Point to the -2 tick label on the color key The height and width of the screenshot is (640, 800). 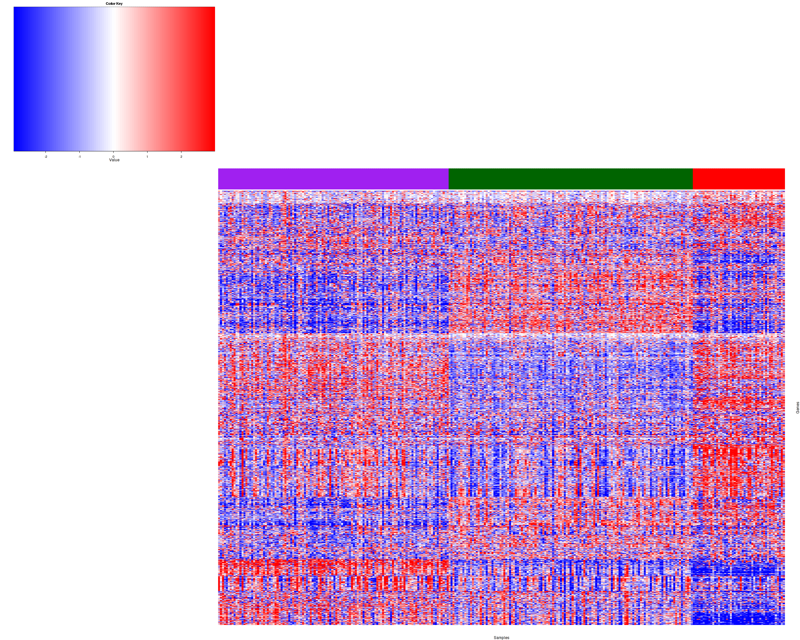[46, 156]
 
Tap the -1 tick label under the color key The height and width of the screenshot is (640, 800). [79, 156]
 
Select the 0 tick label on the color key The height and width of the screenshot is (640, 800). [114, 156]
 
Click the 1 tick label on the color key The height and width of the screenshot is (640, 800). [147, 156]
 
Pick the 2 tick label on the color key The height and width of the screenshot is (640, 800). [181, 156]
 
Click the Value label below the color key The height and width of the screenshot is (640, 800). [114, 160]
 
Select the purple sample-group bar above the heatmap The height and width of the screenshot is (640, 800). [333, 179]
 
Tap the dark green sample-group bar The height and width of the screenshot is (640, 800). [571, 179]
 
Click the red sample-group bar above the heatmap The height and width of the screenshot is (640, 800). [739, 179]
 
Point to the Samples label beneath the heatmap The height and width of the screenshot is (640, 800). [501, 638]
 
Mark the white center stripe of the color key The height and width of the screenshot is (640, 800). [114, 79]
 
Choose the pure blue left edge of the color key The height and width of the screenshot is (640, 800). [16, 79]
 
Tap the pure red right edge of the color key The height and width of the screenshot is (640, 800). [213, 79]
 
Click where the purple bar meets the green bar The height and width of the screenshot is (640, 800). [449, 179]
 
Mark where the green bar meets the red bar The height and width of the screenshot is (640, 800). [693, 179]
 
